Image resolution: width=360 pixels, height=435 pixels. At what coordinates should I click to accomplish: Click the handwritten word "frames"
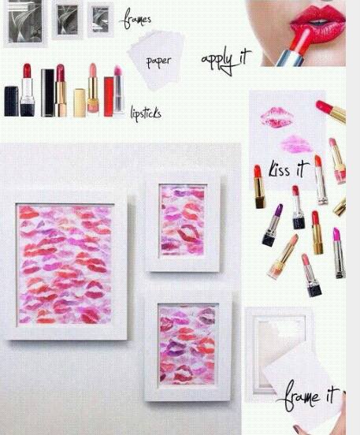click(135, 19)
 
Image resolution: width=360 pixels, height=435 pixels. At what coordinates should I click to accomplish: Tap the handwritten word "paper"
click(158, 61)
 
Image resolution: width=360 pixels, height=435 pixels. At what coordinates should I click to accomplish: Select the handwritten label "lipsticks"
click(146, 113)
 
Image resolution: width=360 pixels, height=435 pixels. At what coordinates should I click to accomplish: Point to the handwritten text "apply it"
click(226, 60)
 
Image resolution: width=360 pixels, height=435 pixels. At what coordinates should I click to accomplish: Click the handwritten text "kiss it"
click(288, 169)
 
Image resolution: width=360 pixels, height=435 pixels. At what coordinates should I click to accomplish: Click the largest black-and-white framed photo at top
click(25, 23)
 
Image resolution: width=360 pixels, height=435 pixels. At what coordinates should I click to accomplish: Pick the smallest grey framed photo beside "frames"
click(100, 20)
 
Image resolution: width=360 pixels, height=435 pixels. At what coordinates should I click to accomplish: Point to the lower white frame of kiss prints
click(187, 345)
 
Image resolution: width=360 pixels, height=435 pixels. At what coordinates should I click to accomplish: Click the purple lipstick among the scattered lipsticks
click(273, 225)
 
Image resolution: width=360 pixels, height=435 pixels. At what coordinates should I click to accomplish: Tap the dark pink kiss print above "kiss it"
click(276, 117)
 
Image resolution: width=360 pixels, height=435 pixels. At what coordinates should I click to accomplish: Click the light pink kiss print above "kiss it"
click(297, 144)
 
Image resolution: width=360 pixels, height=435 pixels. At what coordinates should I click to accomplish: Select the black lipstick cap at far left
click(11, 101)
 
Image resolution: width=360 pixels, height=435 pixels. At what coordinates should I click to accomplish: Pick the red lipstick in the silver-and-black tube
click(28, 90)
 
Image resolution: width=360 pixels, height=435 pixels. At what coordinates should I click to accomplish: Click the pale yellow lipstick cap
click(80, 103)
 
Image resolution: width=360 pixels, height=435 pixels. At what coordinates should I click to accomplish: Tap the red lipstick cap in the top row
click(109, 97)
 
